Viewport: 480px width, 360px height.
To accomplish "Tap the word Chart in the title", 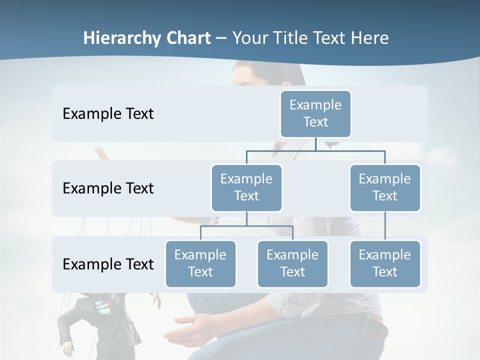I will pyautogui.click(x=190, y=38).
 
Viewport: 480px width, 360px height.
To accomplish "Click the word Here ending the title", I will pyautogui.click(x=370, y=38).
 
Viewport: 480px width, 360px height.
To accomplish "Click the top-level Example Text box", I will pyautogui.click(x=315, y=114).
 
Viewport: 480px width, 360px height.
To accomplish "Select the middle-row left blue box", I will pyautogui.click(x=246, y=188).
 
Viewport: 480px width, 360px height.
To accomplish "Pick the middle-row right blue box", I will pyautogui.click(x=385, y=188).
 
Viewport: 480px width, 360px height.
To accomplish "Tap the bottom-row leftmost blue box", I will pyautogui.click(x=200, y=264).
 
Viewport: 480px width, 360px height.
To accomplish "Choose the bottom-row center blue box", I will pyautogui.click(x=292, y=264).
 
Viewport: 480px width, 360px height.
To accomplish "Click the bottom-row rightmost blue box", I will pyautogui.click(x=385, y=264).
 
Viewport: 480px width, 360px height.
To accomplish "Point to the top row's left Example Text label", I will pyautogui.click(x=108, y=114).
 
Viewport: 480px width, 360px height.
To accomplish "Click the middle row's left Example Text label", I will pyautogui.click(x=108, y=188).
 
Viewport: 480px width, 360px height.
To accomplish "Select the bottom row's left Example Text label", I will pyautogui.click(x=108, y=264).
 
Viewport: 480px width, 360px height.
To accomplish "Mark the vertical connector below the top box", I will pyautogui.click(x=315, y=144).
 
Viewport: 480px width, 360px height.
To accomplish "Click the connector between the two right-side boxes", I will pyautogui.click(x=385, y=226).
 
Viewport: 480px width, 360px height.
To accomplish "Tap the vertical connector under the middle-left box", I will pyautogui.click(x=246, y=219).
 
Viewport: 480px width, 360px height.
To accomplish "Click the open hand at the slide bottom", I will pyautogui.click(x=195, y=330).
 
